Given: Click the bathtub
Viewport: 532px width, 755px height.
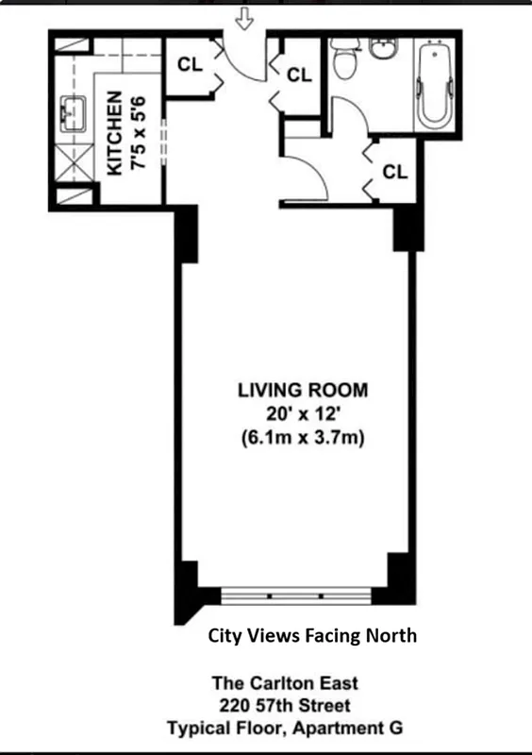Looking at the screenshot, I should (434, 84).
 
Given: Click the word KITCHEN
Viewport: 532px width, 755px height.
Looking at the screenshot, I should (113, 133).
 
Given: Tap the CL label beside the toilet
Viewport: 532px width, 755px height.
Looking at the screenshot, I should (299, 75).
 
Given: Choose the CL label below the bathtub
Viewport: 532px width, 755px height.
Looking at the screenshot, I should (394, 172).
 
